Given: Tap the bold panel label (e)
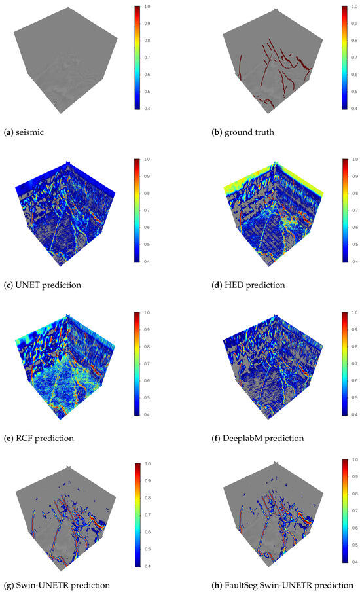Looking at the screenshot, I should pyautogui.click(x=8, y=437).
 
